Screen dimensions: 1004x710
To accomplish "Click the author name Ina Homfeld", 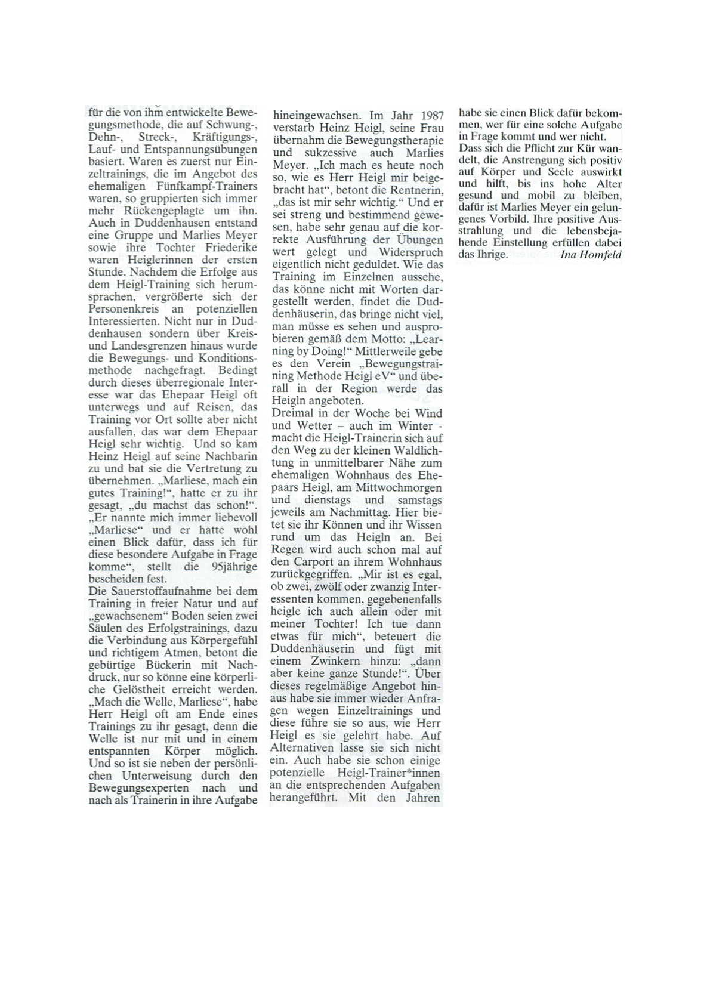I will pyautogui.click(x=591, y=255).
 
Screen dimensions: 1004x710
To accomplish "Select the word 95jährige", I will pyautogui.click(x=230, y=567).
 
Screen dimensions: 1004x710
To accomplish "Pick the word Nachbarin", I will pyautogui.click(x=229, y=456).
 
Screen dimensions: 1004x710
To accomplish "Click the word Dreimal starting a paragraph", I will pyautogui.click(x=294, y=413).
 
